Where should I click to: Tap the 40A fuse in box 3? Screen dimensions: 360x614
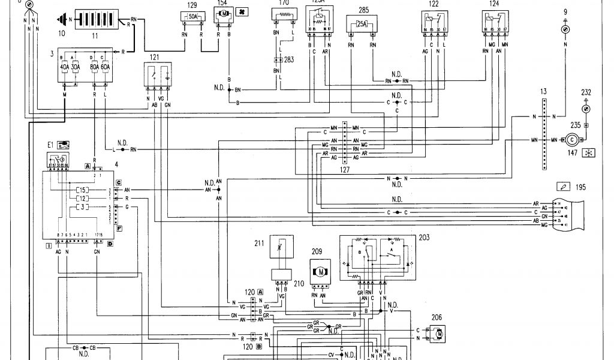coord(65,67)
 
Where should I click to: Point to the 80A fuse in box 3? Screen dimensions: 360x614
coord(95,67)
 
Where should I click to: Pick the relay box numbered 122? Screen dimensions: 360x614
coord(433,26)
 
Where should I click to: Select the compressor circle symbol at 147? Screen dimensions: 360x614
coord(571,140)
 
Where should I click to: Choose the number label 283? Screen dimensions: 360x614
coord(289,59)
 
